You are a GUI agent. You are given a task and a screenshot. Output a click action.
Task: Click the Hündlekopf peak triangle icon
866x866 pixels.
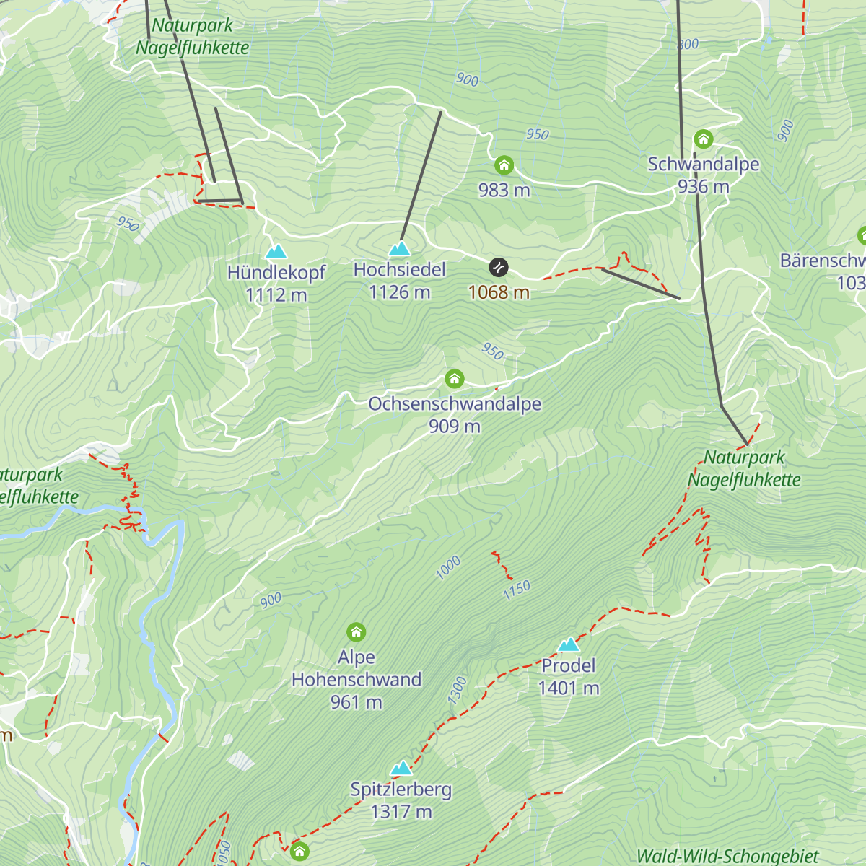pos(276,252)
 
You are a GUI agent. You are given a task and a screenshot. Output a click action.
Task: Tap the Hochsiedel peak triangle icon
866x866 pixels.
pos(399,249)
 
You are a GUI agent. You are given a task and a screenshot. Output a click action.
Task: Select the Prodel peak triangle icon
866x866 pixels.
pos(569,644)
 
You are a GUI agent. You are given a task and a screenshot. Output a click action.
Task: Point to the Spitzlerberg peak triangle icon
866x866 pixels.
pos(401,768)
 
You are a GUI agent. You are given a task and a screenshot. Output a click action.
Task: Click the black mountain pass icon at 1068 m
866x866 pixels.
pos(499,268)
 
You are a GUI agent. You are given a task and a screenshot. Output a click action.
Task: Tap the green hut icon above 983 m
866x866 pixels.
pos(504,166)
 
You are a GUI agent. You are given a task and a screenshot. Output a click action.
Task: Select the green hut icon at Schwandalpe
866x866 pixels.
pos(703,139)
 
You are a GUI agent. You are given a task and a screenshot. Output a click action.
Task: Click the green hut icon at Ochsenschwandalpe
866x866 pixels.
pos(454,379)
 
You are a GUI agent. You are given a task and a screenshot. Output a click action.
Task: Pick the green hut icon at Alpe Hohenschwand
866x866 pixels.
pos(356,632)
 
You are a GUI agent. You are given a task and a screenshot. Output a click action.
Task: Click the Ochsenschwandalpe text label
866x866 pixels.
pos(455,404)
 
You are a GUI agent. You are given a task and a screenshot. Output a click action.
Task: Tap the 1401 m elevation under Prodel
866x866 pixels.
pos(569,688)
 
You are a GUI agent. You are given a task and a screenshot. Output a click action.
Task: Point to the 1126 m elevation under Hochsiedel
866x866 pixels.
pos(399,292)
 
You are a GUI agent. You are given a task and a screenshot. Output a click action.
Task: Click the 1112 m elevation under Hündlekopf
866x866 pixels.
pos(276,295)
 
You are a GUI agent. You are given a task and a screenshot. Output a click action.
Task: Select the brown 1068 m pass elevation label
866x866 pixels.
pos(499,292)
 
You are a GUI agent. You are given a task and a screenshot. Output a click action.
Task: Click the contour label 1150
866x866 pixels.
pos(517,590)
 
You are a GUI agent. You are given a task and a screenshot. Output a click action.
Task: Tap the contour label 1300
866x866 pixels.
pos(457,691)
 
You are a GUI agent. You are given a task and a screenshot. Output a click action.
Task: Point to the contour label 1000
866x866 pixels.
pos(448,568)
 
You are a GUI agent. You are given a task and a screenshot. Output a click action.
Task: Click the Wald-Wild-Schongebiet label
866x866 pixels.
pos(727,857)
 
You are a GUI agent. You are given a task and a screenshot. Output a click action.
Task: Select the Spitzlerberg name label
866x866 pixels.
pos(401,790)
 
